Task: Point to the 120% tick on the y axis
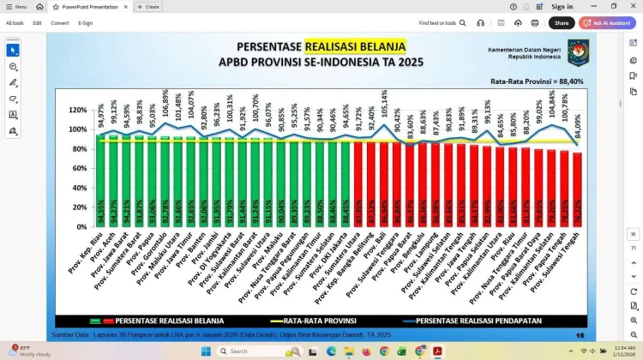(78, 111)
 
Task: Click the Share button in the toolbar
(562, 23)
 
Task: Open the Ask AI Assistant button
(607, 23)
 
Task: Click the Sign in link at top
(562, 6)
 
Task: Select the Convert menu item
(59, 23)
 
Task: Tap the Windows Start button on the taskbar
(206, 351)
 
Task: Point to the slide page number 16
(580, 335)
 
